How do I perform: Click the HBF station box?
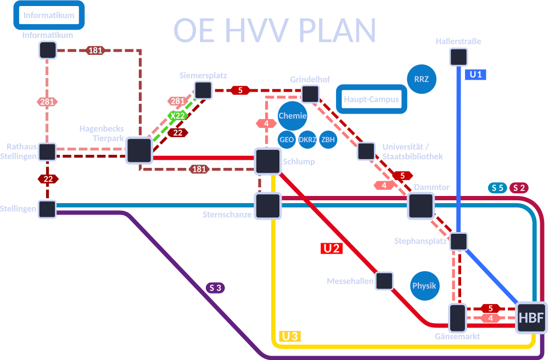pos(531,318)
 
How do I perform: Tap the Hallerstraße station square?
pos(458,57)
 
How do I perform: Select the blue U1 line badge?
pos(475,75)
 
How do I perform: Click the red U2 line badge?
pos(332,248)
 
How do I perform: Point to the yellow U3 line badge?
pos(290,336)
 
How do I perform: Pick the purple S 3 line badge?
pos(215,287)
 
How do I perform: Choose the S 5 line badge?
pos(497,188)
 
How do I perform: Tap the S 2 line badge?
pos(519,188)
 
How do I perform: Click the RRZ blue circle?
pos(422,79)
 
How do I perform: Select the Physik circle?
pos(424,285)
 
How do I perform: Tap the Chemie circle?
pos(292,116)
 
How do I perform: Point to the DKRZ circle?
pos(307,139)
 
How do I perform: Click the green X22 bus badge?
pos(177,116)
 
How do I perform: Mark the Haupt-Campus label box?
pos(372,100)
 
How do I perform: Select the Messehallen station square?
pos(384,281)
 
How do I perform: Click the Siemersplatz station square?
pos(203,90)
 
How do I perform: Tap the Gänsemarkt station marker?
pos(457,318)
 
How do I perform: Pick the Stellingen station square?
pos(47,209)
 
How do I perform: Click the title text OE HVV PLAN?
pos(274,30)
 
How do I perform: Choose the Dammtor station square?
pos(421,206)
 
